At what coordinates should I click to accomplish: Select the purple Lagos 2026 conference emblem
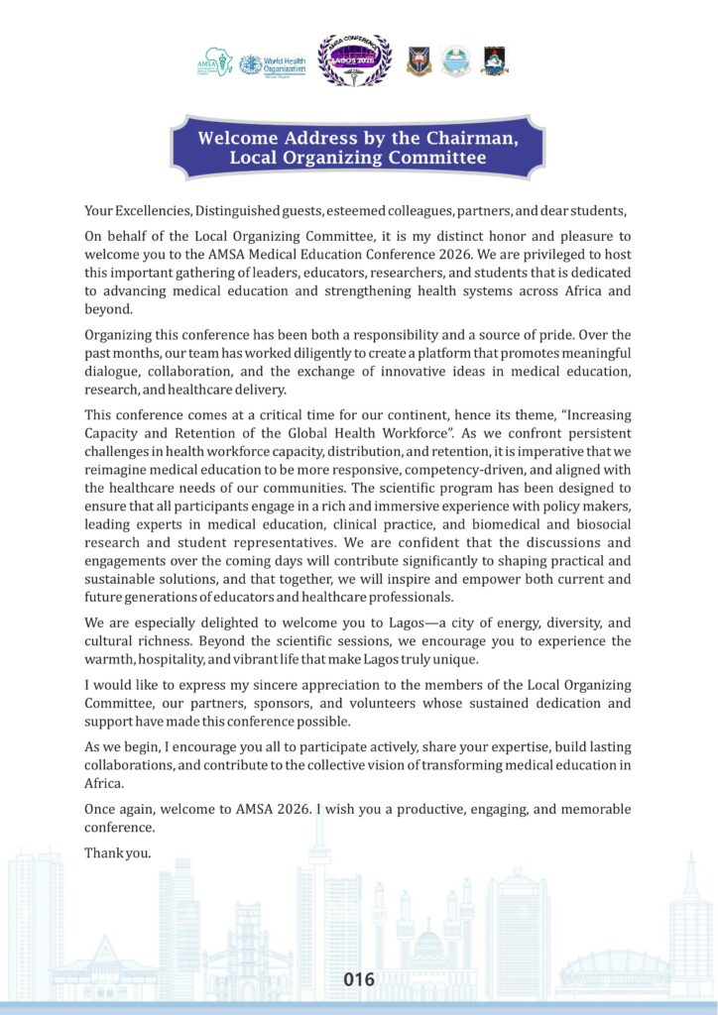click(354, 59)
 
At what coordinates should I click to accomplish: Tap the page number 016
click(359, 980)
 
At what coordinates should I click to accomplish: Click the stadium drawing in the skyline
click(615, 967)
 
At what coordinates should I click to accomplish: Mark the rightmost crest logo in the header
click(495, 61)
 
